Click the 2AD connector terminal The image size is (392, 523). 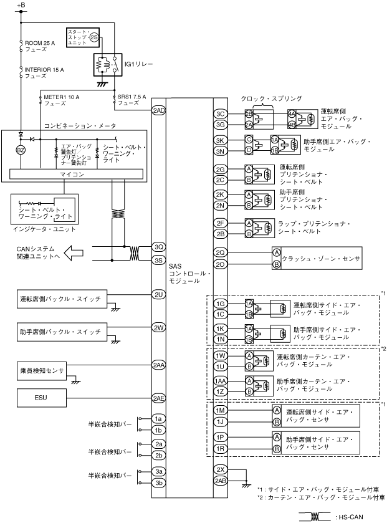[x=158, y=110]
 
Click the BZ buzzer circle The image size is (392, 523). [x=21, y=150]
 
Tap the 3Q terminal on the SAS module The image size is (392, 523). [x=158, y=247]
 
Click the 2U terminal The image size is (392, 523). [x=158, y=294]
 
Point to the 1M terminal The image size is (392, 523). [x=220, y=411]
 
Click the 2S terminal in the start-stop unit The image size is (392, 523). [x=94, y=38]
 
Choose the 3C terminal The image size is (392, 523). [x=220, y=114]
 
